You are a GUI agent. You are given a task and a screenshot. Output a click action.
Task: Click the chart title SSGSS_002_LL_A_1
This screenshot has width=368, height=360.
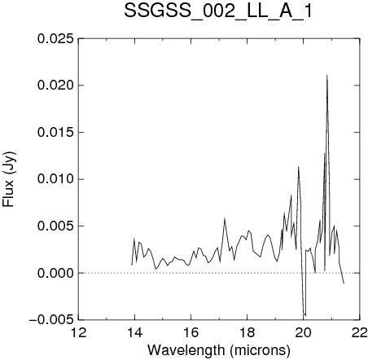[218, 11]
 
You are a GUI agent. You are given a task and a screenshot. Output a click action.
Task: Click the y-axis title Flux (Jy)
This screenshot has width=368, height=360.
[9, 179]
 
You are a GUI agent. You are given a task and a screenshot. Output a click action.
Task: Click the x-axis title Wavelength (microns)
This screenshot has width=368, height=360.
[219, 350]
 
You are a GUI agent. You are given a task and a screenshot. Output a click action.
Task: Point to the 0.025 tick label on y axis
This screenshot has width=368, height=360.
[55, 39]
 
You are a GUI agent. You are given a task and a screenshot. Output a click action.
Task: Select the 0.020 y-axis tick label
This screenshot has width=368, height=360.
[55, 86]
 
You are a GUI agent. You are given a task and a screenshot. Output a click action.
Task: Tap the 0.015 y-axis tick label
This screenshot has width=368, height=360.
[55, 133]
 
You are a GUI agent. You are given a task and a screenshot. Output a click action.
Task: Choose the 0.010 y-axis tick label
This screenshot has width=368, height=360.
[55, 179]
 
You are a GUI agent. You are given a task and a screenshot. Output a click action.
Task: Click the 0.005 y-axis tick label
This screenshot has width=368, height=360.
[55, 226]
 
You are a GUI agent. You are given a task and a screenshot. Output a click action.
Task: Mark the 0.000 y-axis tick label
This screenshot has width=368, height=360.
[55, 273]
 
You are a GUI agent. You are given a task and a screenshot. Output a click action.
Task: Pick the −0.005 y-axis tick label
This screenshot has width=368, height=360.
[51, 320]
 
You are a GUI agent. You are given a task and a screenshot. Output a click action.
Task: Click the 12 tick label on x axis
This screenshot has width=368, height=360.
[79, 332]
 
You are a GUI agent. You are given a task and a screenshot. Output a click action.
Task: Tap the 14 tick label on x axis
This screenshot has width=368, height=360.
[135, 332]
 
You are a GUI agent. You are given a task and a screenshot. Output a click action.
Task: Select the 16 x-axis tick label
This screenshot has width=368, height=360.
[191, 332]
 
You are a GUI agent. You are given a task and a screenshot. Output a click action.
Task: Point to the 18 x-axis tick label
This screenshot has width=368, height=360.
[248, 332]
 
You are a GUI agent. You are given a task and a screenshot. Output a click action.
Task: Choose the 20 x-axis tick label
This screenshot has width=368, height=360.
[304, 332]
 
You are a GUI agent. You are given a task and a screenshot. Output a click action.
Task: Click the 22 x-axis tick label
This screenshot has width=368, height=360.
[360, 332]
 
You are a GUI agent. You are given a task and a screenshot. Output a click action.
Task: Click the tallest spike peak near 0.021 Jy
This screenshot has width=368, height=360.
[327, 75]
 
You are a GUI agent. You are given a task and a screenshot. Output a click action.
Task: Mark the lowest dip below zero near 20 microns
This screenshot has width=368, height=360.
[305, 315]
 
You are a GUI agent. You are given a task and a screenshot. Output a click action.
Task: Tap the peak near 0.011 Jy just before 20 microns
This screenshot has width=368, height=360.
[298, 167]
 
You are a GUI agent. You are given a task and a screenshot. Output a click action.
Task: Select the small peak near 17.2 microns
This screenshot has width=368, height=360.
[225, 217]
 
